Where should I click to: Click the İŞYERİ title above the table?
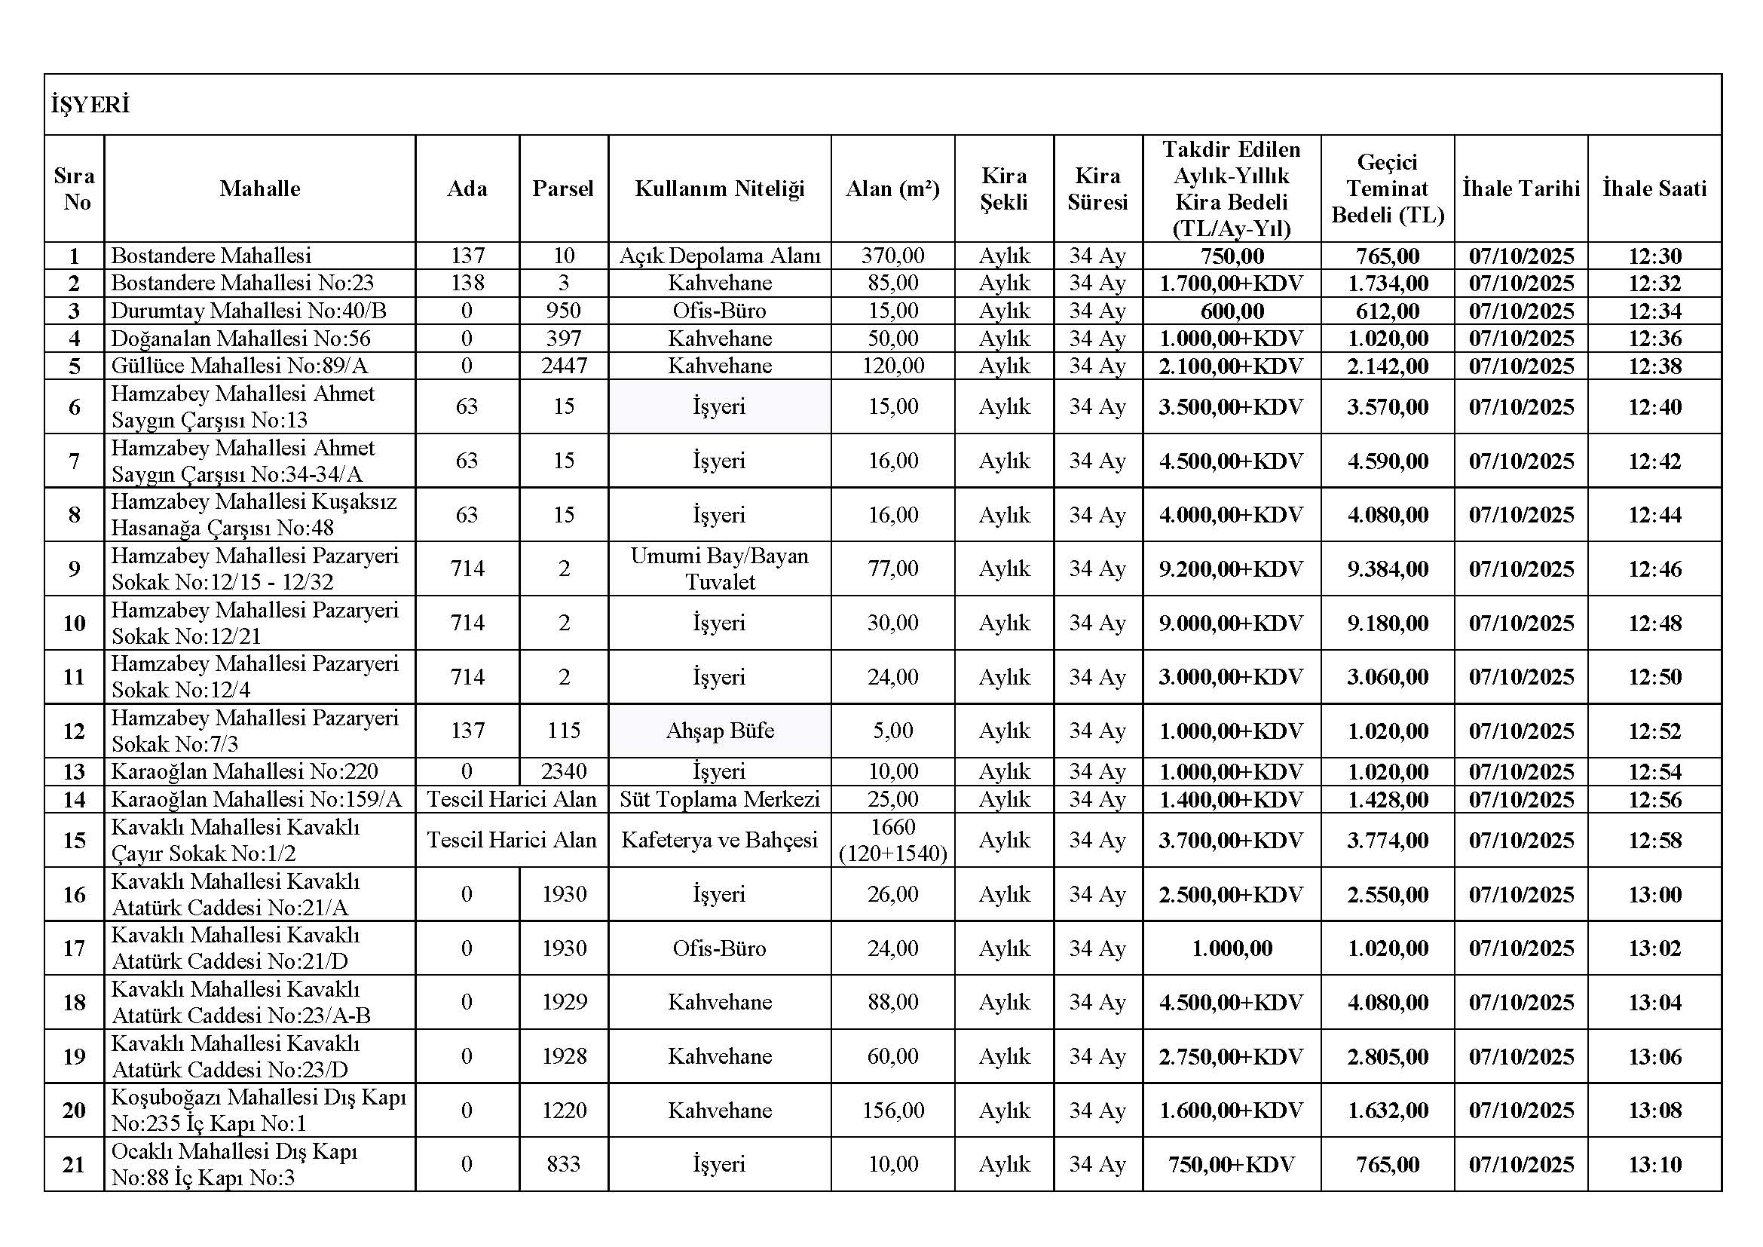click(x=90, y=106)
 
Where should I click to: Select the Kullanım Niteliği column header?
click(x=719, y=189)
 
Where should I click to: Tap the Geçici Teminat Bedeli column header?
click(x=1387, y=189)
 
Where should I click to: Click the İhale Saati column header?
click(x=1654, y=189)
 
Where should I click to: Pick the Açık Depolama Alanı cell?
click(x=720, y=256)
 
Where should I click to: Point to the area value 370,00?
click(x=892, y=256)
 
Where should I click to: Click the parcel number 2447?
click(x=564, y=366)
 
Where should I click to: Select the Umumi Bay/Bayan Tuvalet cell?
click(x=720, y=569)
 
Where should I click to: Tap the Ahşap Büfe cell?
click(x=720, y=731)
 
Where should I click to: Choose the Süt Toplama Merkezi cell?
click(x=720, y=799)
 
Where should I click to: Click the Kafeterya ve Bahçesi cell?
click(x=720, y=840)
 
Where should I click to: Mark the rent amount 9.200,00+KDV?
click(x=1231, y=569)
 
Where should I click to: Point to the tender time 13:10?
click(x=1654, y=1164)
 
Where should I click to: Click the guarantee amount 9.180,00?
click(x=1387, y=623)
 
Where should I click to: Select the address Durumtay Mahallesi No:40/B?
click(x=249, y=311)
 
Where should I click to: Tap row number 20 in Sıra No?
click(x=74, y=1111)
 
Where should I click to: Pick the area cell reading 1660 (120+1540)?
click(x=892, y=840)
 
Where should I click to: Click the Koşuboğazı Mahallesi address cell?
click(x=259, y=1111)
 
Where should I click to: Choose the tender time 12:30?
click(x=1654, y=256)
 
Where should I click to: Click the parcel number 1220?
click(x=564, y=1111)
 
